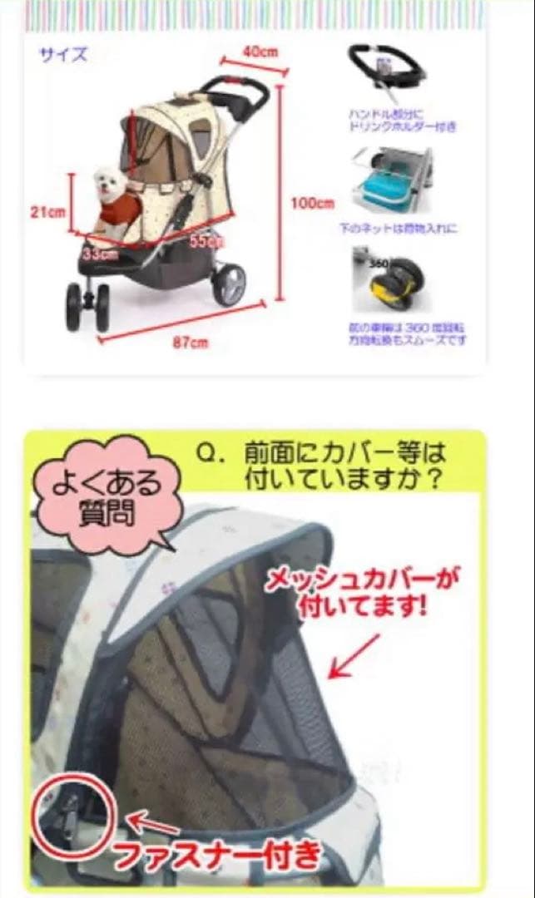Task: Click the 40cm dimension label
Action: (x=260, y=51)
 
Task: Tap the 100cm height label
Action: (x=313, y=203)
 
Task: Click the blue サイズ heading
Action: (x=63, y=56)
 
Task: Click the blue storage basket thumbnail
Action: (x=390, y=180)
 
